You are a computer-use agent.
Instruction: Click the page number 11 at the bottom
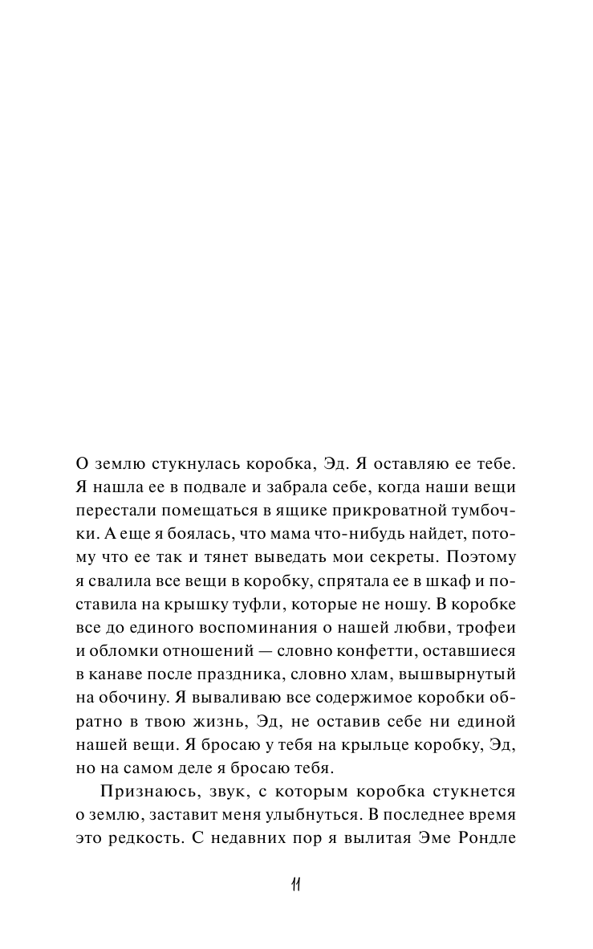[x=296, y=886]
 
